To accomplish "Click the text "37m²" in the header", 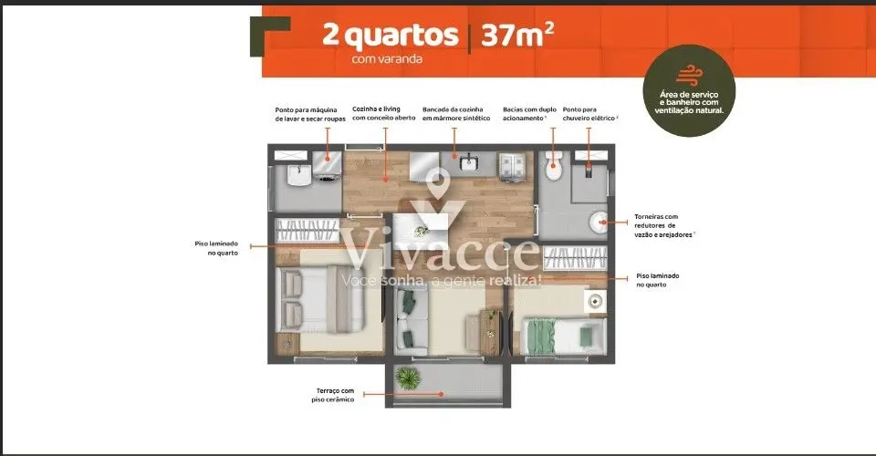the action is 517,35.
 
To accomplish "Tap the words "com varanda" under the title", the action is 387,58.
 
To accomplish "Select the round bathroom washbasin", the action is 599,222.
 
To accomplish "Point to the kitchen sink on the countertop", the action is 469,163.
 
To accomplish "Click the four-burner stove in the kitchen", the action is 512,166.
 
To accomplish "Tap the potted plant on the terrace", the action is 408,379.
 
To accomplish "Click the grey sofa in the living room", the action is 412,323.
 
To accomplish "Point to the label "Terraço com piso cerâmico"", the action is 334,395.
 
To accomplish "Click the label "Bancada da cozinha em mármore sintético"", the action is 456,114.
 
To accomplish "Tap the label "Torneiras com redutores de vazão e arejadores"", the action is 663,225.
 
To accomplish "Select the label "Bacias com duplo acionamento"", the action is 529,114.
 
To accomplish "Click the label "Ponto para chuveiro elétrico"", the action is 590,114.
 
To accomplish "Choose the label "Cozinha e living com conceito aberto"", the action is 384,113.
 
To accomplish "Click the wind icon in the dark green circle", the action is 689,75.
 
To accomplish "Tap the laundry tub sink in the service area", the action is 298,176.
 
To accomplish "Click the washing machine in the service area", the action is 327,166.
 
